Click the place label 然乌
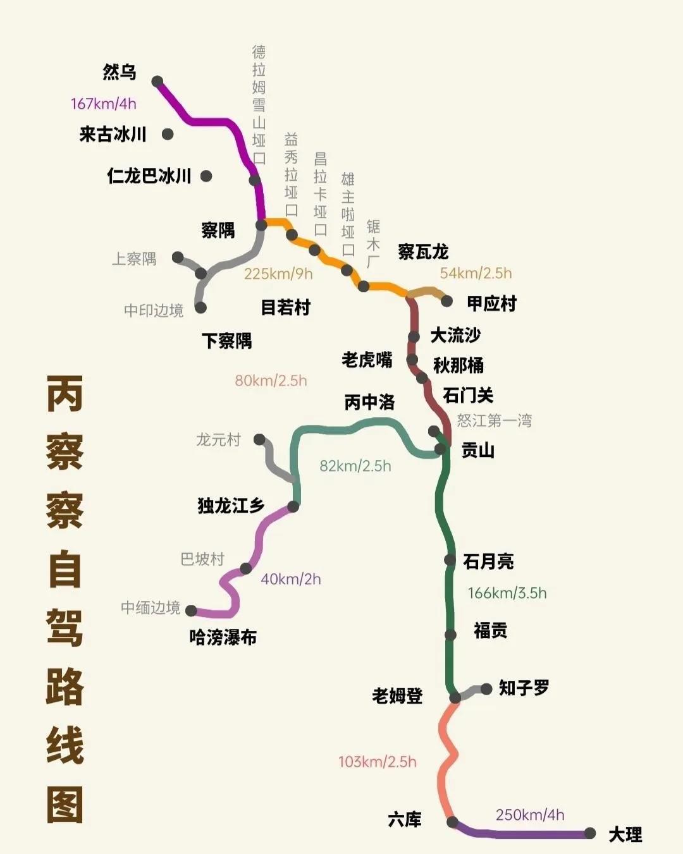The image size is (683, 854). tap(120, 72)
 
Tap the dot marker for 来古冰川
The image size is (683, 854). tap(168, 134)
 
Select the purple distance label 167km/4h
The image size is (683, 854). tap(103, 104)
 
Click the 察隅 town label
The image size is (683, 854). tap(218, 230)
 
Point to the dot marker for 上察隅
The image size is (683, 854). tap(178, 257)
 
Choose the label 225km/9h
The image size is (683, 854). tap(278, 274)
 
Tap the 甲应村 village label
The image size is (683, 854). tap(491, 303)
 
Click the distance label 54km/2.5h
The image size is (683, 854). tap(476, 273)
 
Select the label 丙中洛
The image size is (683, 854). tap(369, 402)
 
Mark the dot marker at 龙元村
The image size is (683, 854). tap(259, 439)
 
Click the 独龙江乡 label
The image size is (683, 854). tap(231, 506)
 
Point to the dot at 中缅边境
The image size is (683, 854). tap(191, 611)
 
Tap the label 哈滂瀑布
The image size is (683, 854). tap(223, 637)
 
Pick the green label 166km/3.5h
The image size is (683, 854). tap(507, 593)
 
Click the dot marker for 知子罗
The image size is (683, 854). tap(486, 689)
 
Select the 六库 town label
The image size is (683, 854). tap(405, 820)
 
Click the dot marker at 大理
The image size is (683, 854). tap(590, 833)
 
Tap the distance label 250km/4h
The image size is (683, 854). tap(530, 815)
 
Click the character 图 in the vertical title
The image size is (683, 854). tap(65, 804)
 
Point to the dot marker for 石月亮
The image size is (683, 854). tap(450, 560)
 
